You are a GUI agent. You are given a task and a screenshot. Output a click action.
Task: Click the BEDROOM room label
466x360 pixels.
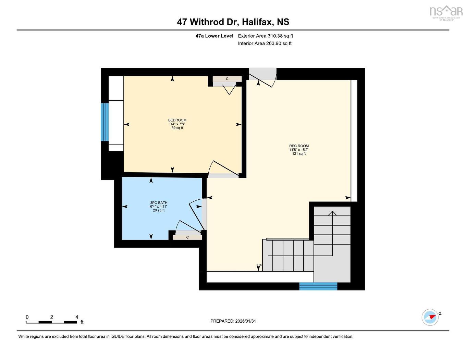point(177,120)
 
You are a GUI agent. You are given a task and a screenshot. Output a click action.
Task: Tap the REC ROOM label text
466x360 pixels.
point(299,146)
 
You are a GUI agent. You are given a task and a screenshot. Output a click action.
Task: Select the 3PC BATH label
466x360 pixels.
point(159,203)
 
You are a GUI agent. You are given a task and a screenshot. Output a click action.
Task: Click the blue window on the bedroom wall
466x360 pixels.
point(105,122)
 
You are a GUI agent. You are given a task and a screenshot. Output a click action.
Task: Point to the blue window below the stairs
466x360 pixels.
point(318,286)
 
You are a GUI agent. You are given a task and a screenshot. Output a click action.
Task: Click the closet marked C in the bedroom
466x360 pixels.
point(227,79)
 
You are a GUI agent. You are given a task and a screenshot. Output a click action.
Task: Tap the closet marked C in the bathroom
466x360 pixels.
point(187,237)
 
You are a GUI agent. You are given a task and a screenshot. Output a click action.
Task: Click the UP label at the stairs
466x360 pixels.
point(259,266)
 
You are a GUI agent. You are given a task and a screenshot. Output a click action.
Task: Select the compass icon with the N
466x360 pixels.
point(430,317)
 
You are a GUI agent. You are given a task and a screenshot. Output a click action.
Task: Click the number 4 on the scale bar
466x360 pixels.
point(77,317)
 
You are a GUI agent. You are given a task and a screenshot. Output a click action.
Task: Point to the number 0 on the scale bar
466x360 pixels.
point(27,317)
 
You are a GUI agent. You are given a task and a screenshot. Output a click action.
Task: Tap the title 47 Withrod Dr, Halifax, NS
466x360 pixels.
point(233,22)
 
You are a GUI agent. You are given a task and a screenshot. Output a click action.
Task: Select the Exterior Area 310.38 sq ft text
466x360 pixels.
point(265,36)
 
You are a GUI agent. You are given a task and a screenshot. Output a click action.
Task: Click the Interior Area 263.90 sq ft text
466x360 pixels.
point(265,44)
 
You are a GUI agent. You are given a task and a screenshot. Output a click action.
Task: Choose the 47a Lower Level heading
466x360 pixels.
point(214,36)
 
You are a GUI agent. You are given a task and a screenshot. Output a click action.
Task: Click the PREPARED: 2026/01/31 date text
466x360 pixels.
point(233,321)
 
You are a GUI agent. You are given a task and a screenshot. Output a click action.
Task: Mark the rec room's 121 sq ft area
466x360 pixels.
point(299,154)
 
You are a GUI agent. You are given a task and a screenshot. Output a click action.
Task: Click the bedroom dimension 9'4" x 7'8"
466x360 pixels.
point(177,124)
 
